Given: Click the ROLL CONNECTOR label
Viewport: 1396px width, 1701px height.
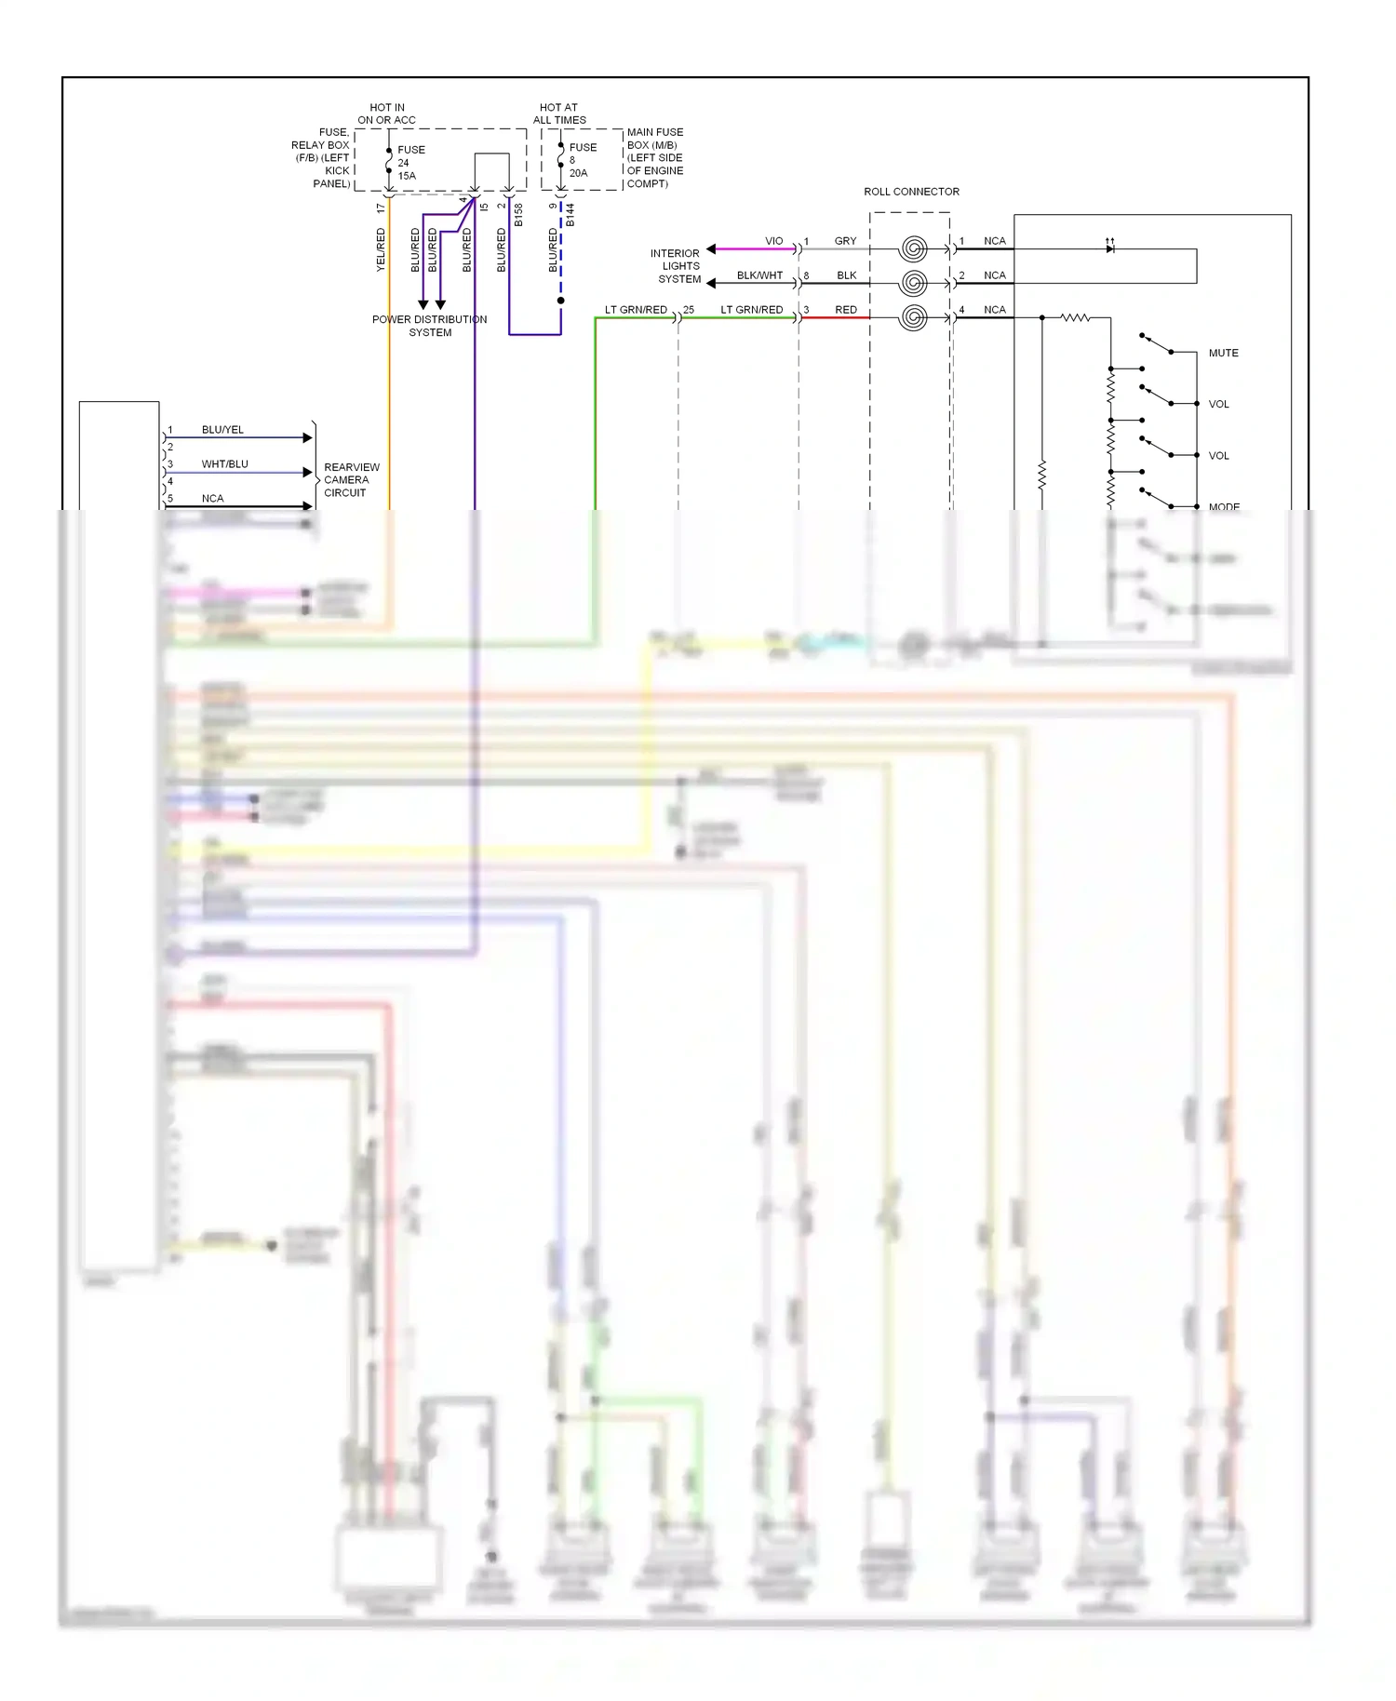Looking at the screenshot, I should pos(911,192).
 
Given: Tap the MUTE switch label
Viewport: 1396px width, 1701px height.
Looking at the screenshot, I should pos(1223,354).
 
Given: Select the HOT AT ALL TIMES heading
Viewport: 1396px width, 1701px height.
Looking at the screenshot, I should pos(559,114).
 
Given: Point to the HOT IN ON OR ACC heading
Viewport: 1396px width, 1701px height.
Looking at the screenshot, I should pos(387,114).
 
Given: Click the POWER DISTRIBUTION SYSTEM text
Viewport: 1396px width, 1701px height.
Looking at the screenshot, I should pos(429,326).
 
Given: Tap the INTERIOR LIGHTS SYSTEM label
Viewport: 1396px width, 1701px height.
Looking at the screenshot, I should pos(677,266).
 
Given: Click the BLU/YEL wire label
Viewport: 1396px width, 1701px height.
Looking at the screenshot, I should pos(222,430).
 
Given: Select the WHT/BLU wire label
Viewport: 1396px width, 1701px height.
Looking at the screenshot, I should pos(224,464).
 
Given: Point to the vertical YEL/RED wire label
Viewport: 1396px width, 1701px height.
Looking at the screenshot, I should pos(381,250).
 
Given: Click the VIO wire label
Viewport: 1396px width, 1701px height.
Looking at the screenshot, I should pos(773,241).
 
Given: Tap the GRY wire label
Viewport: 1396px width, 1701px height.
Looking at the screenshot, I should pos(845,241).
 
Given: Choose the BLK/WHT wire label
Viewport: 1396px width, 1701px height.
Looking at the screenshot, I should pos(759,275).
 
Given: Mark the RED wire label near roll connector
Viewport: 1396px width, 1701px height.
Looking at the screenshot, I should pos(845,310).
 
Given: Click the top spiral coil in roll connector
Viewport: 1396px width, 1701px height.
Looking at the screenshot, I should pos(914,248).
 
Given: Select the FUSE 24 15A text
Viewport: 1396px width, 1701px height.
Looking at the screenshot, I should pos(410,163).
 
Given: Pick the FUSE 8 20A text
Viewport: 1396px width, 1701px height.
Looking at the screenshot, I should pos(582,160).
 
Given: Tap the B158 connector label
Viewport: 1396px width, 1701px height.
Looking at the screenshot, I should pos(518,215).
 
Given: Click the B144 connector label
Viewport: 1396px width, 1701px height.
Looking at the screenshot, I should pos(570,215).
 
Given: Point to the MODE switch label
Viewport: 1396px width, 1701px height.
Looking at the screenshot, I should pos(1224,507).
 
